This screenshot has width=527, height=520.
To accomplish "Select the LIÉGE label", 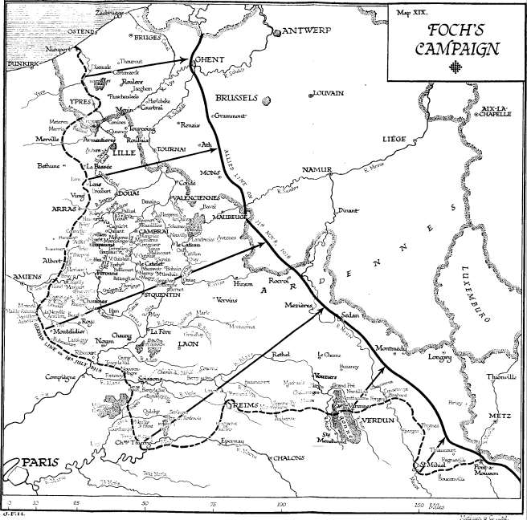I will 394,139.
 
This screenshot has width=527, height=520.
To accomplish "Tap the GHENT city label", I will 208,59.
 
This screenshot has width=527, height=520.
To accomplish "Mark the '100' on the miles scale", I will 282,505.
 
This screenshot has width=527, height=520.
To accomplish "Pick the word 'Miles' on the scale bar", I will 438,505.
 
